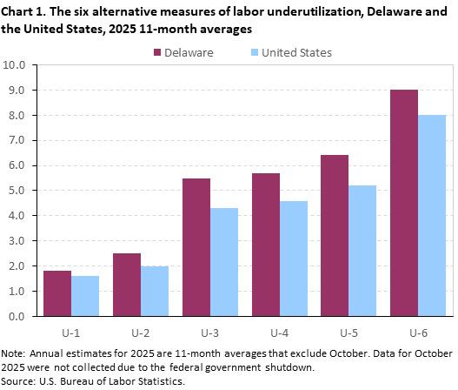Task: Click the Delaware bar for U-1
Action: point(57,293)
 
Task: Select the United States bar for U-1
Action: point(85,296)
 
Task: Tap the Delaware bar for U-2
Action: point(127,285)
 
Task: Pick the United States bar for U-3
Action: point(224,262)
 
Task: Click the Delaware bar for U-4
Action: point(265,245)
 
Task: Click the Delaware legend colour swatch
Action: point(158,52)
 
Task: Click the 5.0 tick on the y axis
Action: point(26,191)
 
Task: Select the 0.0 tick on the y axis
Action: point(26,316)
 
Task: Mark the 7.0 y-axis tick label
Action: point(26,140)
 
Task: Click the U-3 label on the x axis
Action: point(210,332)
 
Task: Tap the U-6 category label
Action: point(418,332)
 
